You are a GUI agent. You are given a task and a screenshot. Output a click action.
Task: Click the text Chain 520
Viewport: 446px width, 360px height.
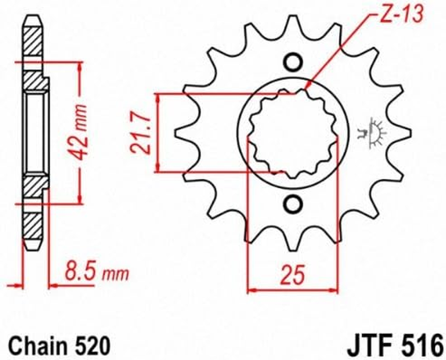(59, 346)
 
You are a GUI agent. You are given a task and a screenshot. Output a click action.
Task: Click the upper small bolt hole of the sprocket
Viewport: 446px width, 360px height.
(293, 62)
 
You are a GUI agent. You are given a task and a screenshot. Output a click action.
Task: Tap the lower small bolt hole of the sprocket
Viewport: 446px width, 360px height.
(293, 204)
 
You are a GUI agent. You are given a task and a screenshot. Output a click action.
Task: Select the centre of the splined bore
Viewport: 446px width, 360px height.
(293, 133)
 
